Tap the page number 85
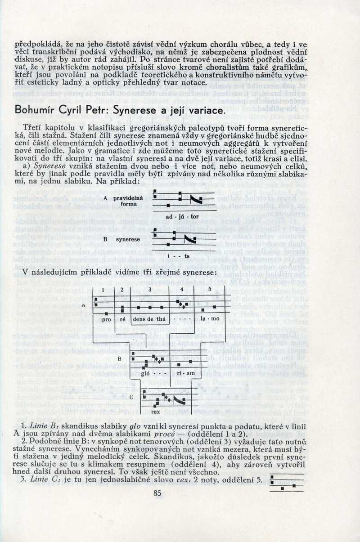coord(157,493)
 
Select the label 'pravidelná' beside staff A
coord(128,197)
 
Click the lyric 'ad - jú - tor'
coord(179,216)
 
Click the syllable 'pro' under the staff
coord(107,319)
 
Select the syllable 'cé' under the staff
coord(122,319)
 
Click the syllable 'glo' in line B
coord(145,373)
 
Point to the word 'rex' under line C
coord(156,412)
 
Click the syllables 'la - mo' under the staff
coord(209,319)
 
